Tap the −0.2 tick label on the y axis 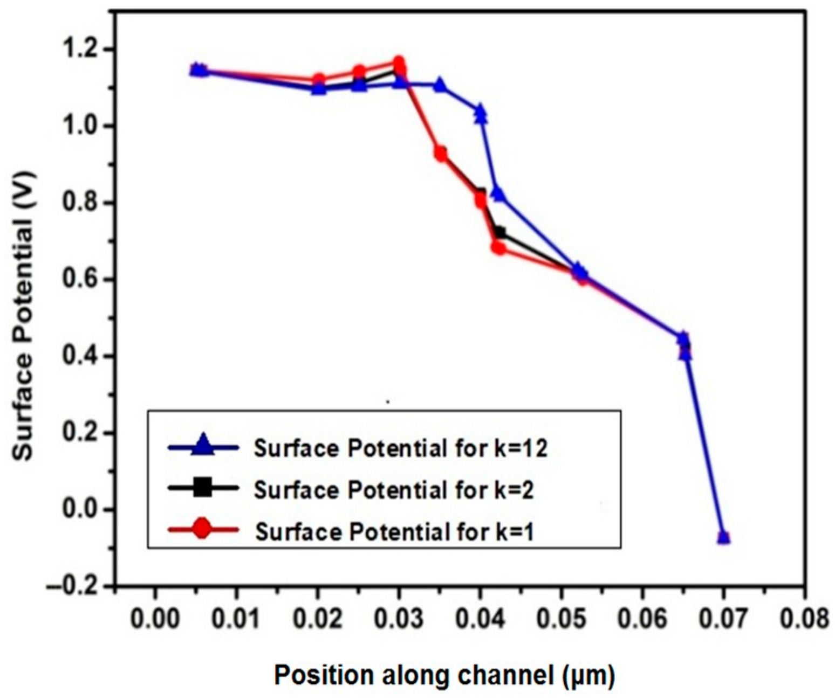coord(74,586)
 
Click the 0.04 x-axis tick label coord(480,619)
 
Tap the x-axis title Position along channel coord(444,675)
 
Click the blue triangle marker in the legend coord(203,446)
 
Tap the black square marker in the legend coord(203,488)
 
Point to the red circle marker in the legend coord(203,530)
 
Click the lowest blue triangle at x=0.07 coord(723,537)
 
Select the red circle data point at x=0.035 coord(441,154)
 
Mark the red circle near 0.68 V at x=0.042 coord(498,248)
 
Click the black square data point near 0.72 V coord(499,233)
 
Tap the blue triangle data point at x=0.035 coord(440,85)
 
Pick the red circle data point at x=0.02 coord(319,79)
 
